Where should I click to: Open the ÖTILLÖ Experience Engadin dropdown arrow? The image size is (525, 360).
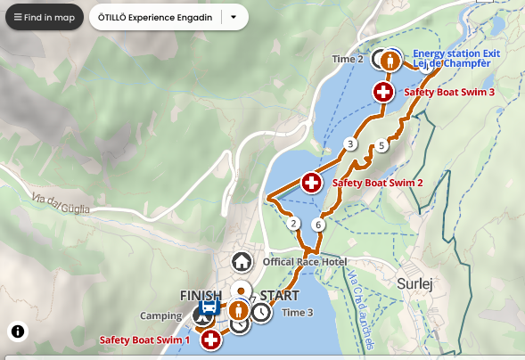(x=234, y=17)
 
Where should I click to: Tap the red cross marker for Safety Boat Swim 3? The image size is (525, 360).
(x=383, y=91)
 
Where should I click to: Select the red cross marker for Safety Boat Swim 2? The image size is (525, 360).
(x=311, y=183)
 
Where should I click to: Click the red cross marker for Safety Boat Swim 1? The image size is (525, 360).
(x=210, y=339)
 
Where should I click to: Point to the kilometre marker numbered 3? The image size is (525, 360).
(x=350, y=144)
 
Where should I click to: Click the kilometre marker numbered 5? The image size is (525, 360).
(x=381, y=145)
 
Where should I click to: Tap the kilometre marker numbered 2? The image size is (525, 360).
(x=294, y=224)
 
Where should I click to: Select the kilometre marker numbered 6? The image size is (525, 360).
(x=318, y=225)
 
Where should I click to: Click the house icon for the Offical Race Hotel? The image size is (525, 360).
(x=241, y=262)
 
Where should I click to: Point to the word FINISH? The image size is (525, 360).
(x=200, y=295)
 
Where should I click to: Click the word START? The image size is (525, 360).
(x=279, y=295)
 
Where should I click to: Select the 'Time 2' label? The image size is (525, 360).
(x=348, y=60)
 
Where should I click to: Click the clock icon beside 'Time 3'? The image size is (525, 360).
(x=260, y=313)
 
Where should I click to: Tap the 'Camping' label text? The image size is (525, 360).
(x=160, y=315)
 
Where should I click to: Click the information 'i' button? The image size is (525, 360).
(x=19, y=331)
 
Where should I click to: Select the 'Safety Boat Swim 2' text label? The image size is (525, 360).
(x=377, y=183)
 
